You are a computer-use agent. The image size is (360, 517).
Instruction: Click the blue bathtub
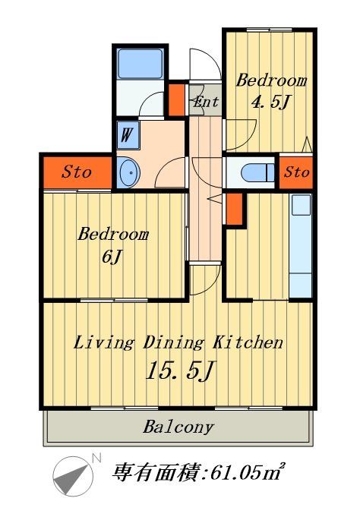pyautogui.click(x=141, y=64)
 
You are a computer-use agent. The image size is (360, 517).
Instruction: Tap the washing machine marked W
pyautogui.click(x=128, y=135)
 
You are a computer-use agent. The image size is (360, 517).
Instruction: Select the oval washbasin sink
pyautogui.click(x=128, y=172)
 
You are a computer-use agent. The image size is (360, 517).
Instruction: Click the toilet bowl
pyautogui.click(x=257, y=172)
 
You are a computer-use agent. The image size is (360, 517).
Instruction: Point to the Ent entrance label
pyautogui.click(x=206, y=102)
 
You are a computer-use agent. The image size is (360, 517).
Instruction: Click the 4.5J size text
pyautogui.click(x=270, y=102)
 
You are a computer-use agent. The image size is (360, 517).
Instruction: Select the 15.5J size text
pyautogui.click(x=180, y=370)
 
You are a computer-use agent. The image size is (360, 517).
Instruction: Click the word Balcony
pyautogui.click(x=178, y=427)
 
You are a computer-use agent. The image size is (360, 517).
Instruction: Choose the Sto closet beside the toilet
pyautogui.click(x=296, y=172)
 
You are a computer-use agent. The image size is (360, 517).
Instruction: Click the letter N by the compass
pyautogui.click(x=96, y=458)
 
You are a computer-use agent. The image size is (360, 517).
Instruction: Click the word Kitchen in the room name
pyautogui.click(x=248, y=342)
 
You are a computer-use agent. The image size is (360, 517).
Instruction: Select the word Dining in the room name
pyautogui.click(x=173, y=343)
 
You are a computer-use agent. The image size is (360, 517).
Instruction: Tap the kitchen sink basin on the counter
pyautogui.click(x=301, y=205)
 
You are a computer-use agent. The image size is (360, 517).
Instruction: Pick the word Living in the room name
pyautogui.click(x=103, y=343)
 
